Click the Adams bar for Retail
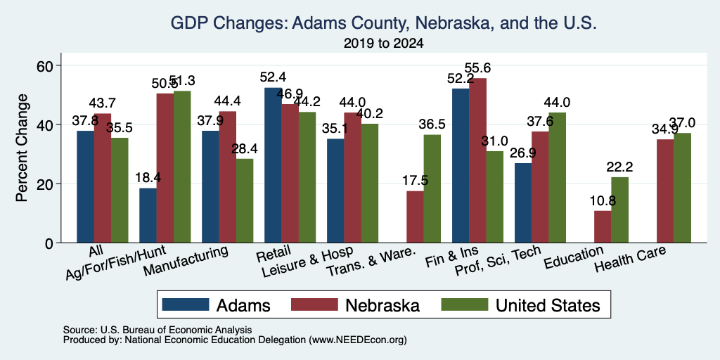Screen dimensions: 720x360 click(x=273, y=165)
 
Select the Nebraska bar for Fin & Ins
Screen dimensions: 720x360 click(x=477, y=160)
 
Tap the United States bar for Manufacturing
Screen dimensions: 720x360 click(x=244, y=200)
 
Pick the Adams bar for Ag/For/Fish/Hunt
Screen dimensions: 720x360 click(x=148, y=215)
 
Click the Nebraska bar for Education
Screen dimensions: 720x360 click(x=603, y=226)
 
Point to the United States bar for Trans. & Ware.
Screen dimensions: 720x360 click(x=432, y=188)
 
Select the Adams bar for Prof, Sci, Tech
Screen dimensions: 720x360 click(x=523, y=203)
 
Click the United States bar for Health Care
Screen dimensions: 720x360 click(x=682, y=188)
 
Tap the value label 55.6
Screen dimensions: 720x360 click(x=477, y=68)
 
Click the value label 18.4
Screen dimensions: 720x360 click(x=148, y=178)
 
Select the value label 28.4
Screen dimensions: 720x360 click(x=245, y=148)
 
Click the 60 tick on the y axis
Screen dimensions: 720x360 click(x=45, y=65)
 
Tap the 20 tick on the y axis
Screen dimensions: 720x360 click(x=45, y=184)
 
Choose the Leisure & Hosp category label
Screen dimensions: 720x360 click(x=307, y=261)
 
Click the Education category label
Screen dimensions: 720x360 click(x=574, y=258)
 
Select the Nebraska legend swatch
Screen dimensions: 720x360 click(x=314, y=304)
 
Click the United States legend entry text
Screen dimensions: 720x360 click(x=548, y=305)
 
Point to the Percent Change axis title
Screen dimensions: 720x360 click(x=22, y=148)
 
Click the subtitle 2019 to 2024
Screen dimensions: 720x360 click(x=383, y=44)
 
